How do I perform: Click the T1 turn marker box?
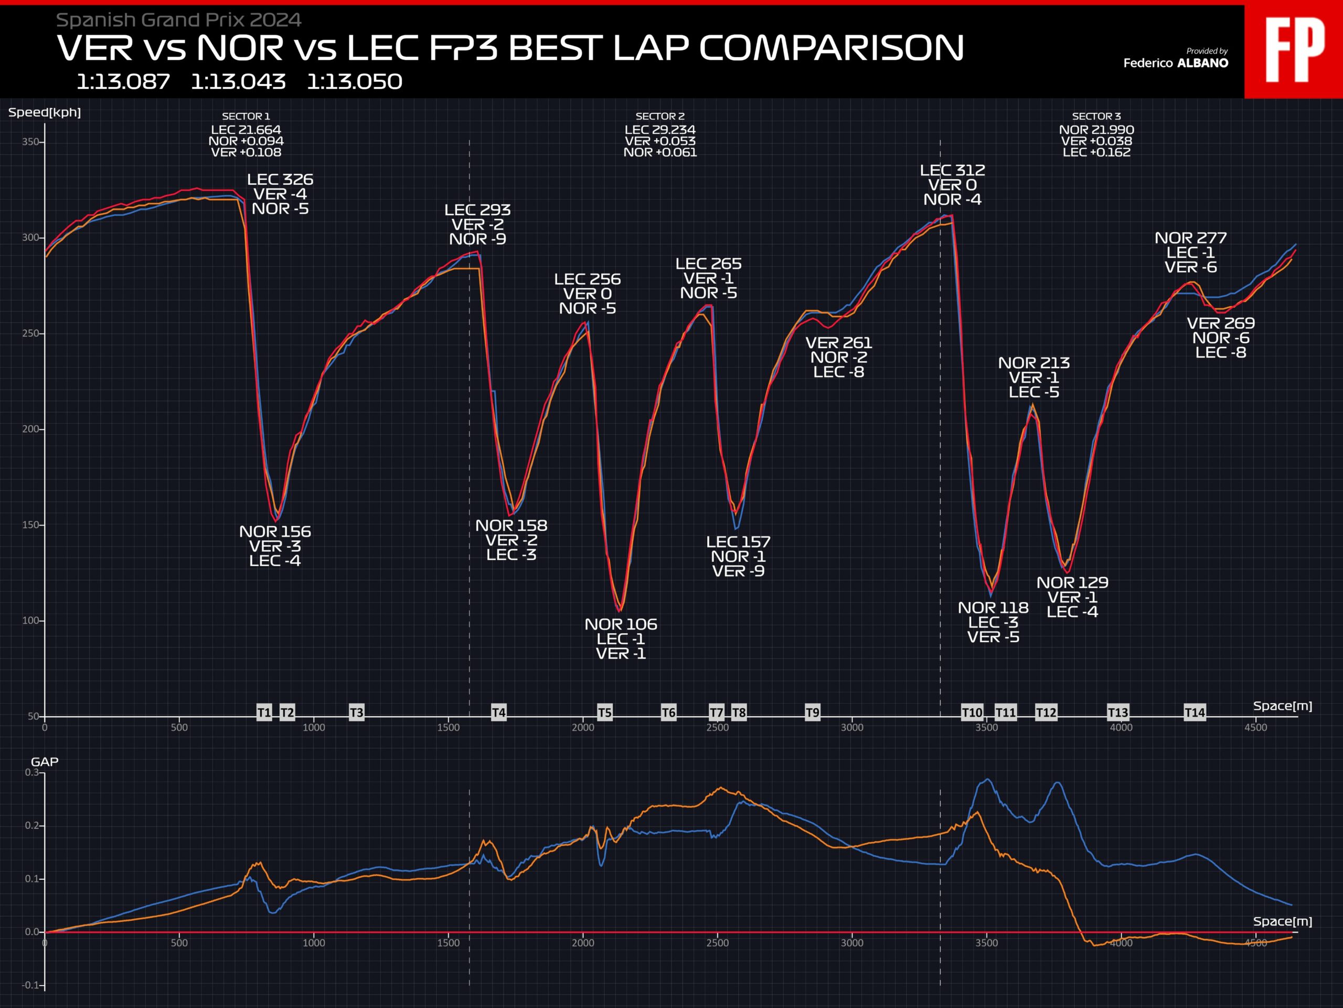pyautogui.click(x=264, y=712)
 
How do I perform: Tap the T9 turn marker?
pyautogui.click(x=812, y=712)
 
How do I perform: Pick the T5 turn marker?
pyautogui.click(x=605, y=712)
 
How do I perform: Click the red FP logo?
pyautogui.click(x=1294, y=50)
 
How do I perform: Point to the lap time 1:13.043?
pyautogui.click(x=238, y=82)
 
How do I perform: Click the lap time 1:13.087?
pyautogui.click(x=123, y=82)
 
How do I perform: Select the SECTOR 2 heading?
pyautogui.click(x=660, y=116)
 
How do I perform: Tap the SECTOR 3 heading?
pyautogui.click(x=1096, y=116)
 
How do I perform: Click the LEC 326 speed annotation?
pyautogui.click(x=280, y=180)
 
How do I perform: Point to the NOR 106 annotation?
pyautogui.click(x=621, y=625)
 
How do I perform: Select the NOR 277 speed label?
pyautogui.click(x=1191, y=238)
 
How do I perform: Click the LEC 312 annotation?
pyautogui.click(x=952, y=171)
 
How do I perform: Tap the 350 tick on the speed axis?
pyautogui.click(x=30, y=142)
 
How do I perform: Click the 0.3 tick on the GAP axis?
pyautogui.click(x=31, y=772)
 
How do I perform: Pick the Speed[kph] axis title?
pyautogui.click(x=44, y=112)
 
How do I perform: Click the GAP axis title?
pyautogui.click(x=44, y=762)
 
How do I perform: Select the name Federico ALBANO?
pyautogui.click(x=1176, y=63)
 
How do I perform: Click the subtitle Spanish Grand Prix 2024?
pyautogui.click(x=178, y=20)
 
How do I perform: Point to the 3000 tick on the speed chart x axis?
pyautogui.click(x=852, y=727)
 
